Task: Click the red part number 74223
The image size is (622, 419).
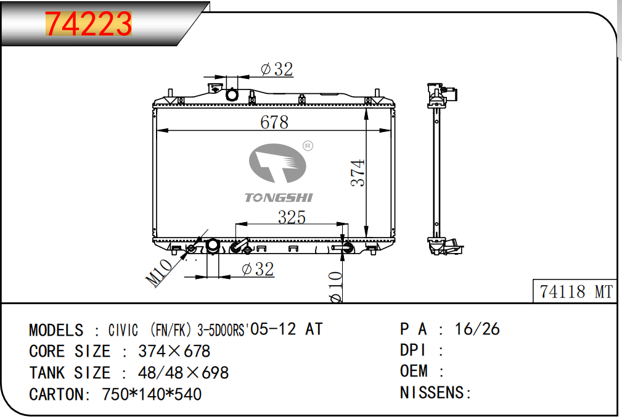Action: coord(88,23)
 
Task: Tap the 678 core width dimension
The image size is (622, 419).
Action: coord(274,122)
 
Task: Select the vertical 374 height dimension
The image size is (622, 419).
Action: coord(358,173)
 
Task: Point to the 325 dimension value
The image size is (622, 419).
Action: coord(292,217)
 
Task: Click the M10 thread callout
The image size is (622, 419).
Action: coord(159,273)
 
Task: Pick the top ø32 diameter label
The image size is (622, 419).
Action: coord(277,70)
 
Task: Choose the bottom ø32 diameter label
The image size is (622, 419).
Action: coord(258,269)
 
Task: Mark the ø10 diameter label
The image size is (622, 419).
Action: coord(335,287)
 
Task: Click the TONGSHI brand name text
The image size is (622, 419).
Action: coord(279,197)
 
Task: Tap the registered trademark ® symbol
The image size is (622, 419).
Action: coord(308,146)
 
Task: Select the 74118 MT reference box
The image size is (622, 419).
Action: coord(575,291)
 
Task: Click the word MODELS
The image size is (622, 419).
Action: coord(56,330)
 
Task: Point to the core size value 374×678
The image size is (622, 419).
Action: coord(174,351)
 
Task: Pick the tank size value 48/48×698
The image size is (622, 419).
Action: coord(183,373)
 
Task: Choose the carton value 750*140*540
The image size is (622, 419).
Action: coord(152,394)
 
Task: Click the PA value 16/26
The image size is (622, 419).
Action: coord(477,330)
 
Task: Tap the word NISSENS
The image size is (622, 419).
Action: coord(432,392)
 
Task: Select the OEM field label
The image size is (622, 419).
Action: coord(414,371)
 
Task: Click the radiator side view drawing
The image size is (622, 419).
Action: coord(442,169)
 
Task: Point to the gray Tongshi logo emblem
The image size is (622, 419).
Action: coord(277,164)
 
